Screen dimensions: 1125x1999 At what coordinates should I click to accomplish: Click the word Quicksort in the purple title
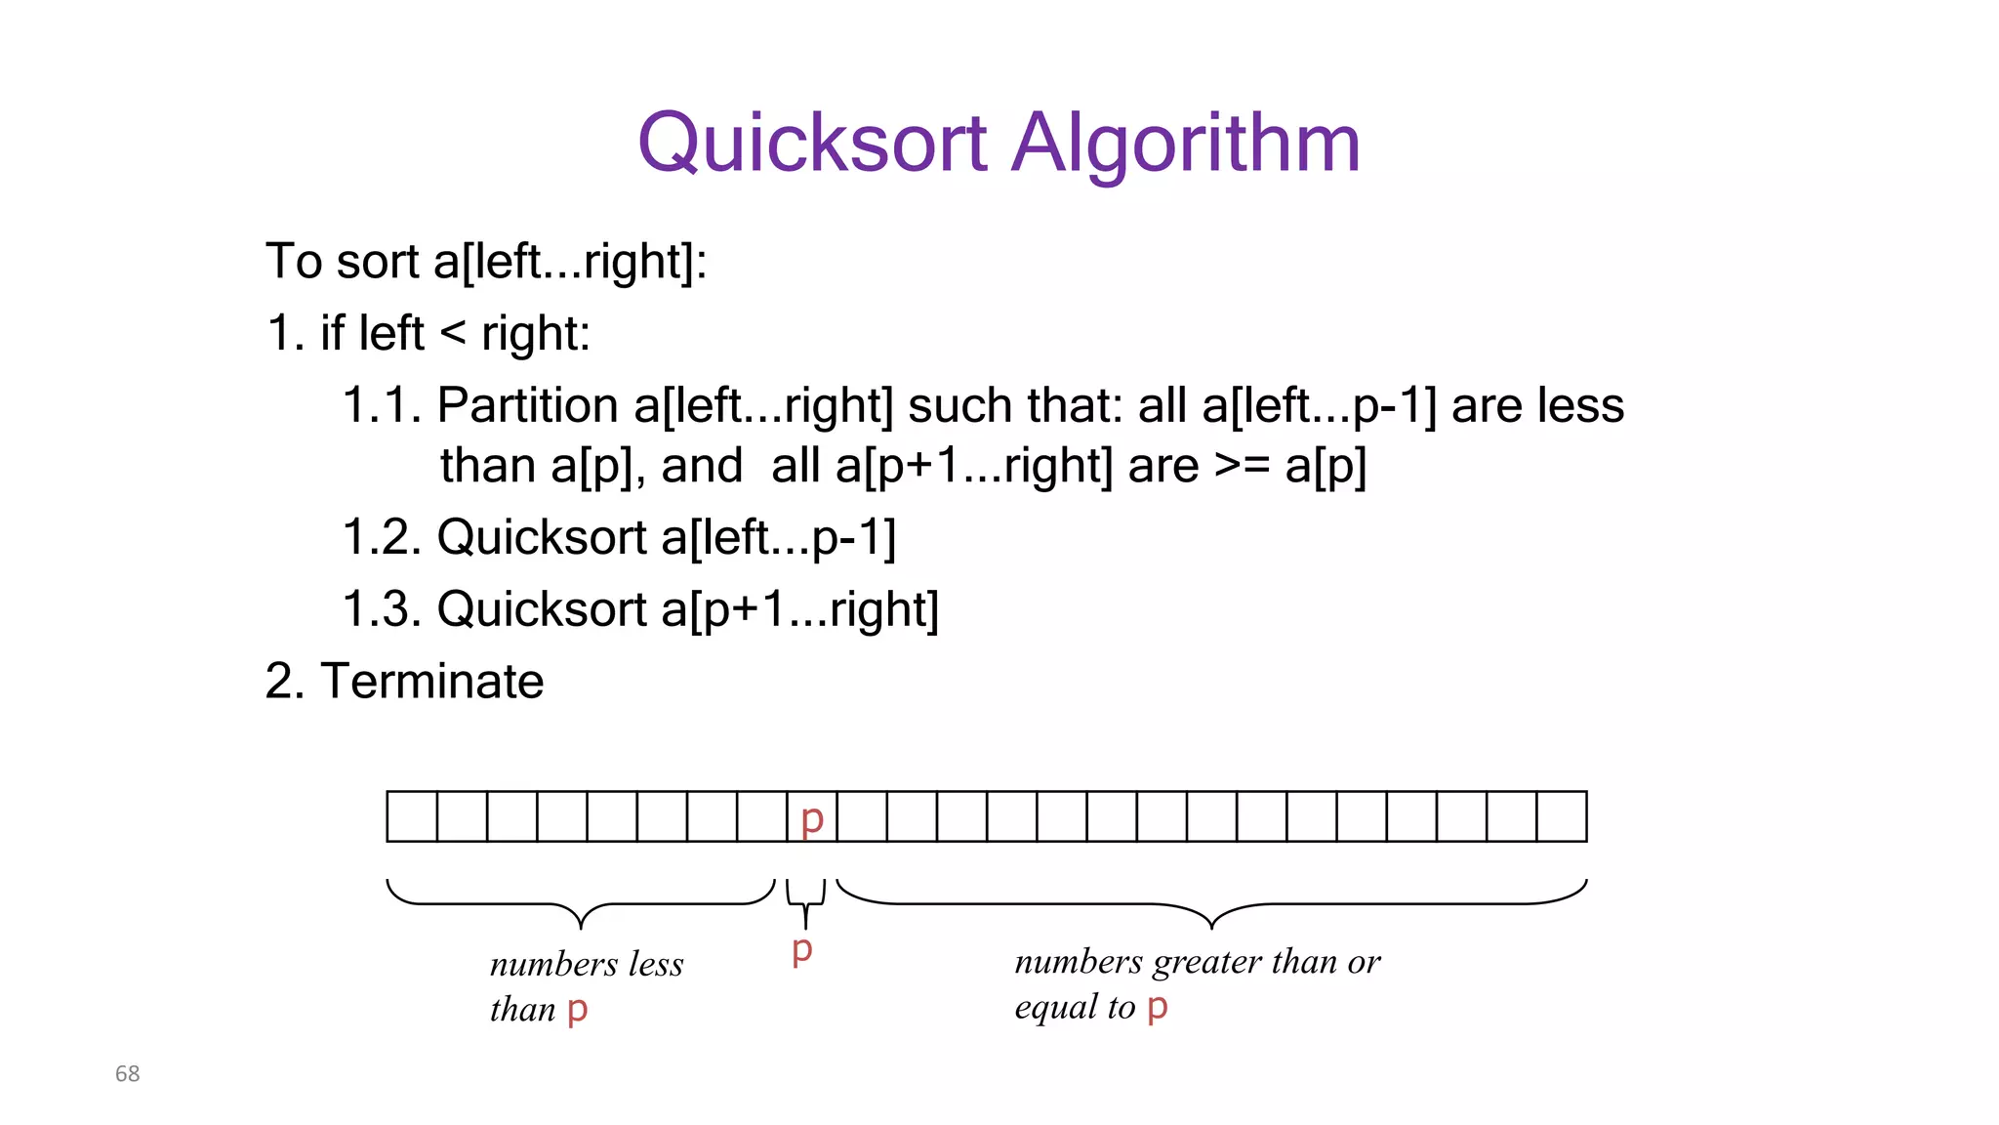pyautogui.click(x=812, y=143)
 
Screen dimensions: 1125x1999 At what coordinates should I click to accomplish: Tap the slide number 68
pyautogui.click(x=127, y=1073)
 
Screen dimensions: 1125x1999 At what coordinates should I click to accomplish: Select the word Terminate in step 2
pyautogui.click(x=431, y=681)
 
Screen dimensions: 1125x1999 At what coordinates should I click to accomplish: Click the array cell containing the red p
pyautogui.click(x=812, y=817)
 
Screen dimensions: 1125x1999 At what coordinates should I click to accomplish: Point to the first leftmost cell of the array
pyautogui.click(x=412, y=817)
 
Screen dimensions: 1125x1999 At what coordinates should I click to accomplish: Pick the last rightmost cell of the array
pyautogui.click(x=1562, y=817)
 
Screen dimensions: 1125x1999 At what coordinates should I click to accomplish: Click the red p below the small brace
pyautogui.click(x=802, y=948)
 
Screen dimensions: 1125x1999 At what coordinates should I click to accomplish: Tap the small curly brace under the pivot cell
pyautogui.click(x=805, y=901)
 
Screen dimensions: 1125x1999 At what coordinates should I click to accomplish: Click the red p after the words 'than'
pyautogui.click(x=577, y=1009)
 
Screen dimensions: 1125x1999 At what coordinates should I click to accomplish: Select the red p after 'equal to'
pyautogui.click(x=1158, y=1006)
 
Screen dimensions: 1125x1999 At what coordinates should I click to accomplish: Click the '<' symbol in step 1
pyautogui.click(x=453, y=334)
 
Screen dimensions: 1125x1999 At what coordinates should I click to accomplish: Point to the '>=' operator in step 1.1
pyautogui.click(x=1242, y=466)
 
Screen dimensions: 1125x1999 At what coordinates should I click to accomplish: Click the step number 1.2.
pyautogui.click(x=382, y=537)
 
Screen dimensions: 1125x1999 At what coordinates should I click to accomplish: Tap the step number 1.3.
pyautogui.click(x=382, y=609)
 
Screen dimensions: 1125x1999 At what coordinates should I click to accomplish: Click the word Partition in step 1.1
pyautogui.click(x=527, y=405)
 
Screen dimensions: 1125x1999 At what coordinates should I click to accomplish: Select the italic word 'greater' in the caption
pyautogui.click(x=1206, y=963)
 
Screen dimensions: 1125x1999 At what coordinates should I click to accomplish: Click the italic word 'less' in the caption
pyautogui.click(x=656, y=965)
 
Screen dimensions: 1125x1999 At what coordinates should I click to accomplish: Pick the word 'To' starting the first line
pyautogui.click(x=294, y=262)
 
